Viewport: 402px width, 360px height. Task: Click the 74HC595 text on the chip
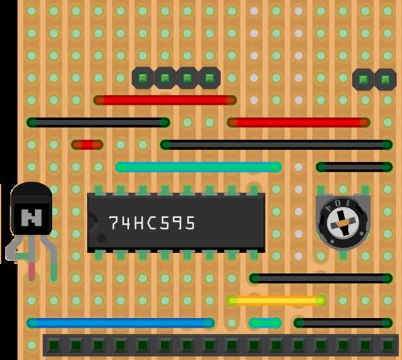click(152, 223)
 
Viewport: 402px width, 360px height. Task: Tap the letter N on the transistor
click(30, 217)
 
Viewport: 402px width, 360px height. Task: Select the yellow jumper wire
click(276, 300)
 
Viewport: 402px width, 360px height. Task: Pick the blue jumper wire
click(121, 322)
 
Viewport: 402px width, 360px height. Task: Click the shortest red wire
click(87, 145)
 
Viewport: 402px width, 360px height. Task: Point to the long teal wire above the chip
click(198, 167)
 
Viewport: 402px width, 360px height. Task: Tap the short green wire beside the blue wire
click(265, 322)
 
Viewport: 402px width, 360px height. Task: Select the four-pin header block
click(176, 78)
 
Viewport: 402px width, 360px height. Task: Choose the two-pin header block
click(374, 79)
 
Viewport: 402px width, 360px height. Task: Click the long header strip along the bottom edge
click(220, 344)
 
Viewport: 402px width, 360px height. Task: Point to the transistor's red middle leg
click(32, 268)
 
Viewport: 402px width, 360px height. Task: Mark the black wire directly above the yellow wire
click(320, 278)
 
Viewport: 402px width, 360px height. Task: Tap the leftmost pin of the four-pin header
click(143, 78)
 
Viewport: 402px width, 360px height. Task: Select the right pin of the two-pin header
click(385, 79)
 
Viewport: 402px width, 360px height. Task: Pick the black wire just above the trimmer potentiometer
click(354, 167)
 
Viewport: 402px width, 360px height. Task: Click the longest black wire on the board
click(276, 145)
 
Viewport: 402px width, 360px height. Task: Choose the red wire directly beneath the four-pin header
click(165, 100)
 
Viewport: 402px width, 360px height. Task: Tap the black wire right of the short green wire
click(343, 322)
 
